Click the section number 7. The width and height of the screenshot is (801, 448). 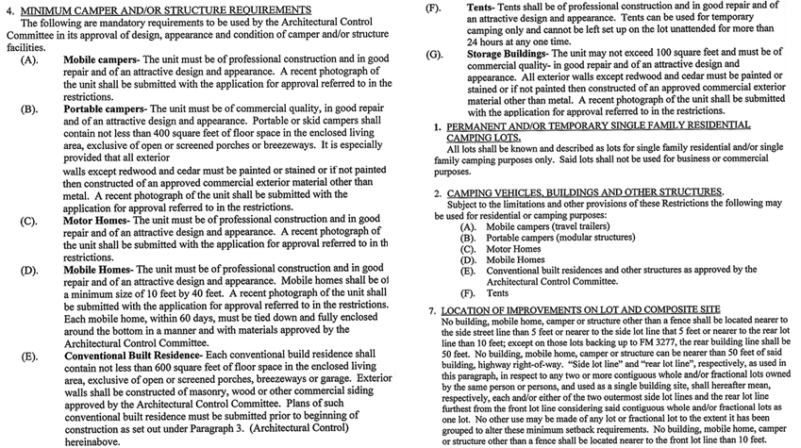tap(430, 308)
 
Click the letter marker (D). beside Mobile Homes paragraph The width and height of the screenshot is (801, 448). tap(28, 269)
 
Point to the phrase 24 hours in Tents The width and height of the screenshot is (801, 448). tap(492, 41)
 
